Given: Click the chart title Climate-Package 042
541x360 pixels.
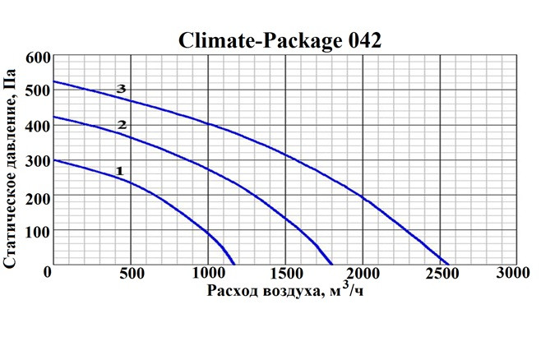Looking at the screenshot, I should [x=280, y=41].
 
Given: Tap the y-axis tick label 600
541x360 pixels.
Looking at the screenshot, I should [x=37, y=58].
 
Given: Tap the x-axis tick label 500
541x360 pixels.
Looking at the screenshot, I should [x=131, y=273].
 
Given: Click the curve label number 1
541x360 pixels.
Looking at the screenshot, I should [x=120, y=171].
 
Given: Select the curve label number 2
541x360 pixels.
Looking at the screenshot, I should [x=122, y=125].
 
